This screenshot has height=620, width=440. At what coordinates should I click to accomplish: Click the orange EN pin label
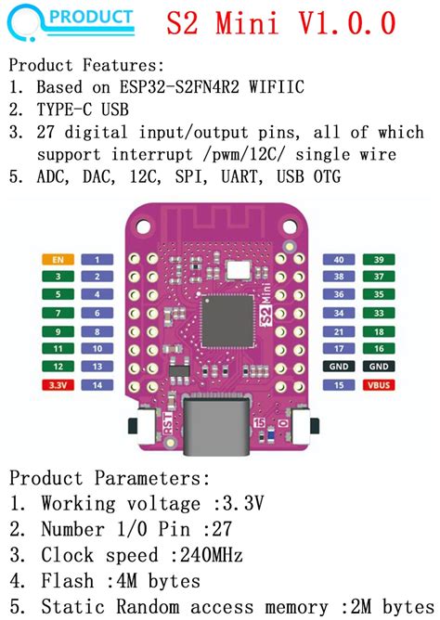click(58, 260)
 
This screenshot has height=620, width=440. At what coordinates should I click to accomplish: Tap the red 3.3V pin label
click(58, 384)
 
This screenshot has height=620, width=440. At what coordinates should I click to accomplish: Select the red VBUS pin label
click(378, 384)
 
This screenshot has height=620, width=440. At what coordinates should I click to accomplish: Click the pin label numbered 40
click(339, 260)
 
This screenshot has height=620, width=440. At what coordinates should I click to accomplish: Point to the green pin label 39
click(378, 260)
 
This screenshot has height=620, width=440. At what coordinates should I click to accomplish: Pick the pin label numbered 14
click(97, 384)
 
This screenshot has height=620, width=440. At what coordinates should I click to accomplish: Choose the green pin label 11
click(58, 349)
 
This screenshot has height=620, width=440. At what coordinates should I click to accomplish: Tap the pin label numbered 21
click(339, 331)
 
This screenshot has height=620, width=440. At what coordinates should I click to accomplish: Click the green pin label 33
click(378, 314)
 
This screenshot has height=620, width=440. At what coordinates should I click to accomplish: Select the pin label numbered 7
click(97, 314)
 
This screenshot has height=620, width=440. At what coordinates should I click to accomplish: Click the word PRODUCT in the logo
click(90, 18)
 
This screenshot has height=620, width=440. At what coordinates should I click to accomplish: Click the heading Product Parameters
click(109, 478)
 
